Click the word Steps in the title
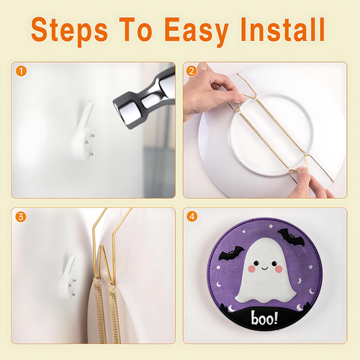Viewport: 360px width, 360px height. coord(69,30)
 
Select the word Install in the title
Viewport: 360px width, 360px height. coord(283,30)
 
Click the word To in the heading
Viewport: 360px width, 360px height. coord(136,30)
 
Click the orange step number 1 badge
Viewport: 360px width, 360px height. coord(21,71)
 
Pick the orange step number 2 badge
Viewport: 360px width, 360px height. coord(192,71)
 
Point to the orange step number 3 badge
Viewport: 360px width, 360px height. coord(21,217)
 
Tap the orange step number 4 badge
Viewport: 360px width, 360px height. coord(192,217)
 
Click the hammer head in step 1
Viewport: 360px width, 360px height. coord(144,99)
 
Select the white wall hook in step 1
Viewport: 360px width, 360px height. coord(83,132)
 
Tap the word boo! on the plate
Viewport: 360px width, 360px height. coord(264,318)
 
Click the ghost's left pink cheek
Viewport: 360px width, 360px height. coord(251,269)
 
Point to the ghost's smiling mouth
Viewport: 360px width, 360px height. coord(265,268)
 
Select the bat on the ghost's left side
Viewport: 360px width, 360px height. coord(231,253)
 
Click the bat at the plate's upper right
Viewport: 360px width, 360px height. coord(291,237)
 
